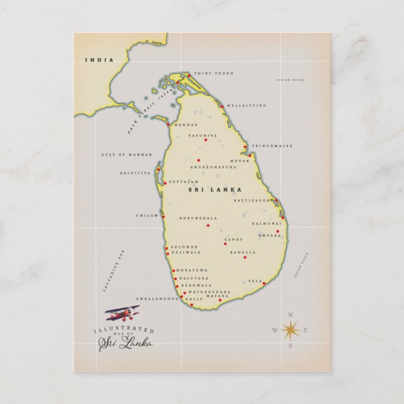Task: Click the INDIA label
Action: (x=100, y=60)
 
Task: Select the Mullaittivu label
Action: (x=247, y=105)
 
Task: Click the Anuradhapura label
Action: (x=213, y=167)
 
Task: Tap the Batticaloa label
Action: (x=252, y=201)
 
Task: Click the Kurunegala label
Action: (x=199, y=218)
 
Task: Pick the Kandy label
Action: (x=233, y=239)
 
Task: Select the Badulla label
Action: (x=243, y=252)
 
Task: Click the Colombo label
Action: (x=184, y=247)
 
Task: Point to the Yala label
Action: (x=255, y=281)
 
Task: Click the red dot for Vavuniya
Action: (x=205, y=140)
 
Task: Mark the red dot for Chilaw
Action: (x=163, y=216)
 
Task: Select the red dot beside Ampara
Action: (x=277, y=231)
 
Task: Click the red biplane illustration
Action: (x=122, y=312)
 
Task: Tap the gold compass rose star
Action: (x=290, y=329)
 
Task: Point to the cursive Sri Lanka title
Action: (x=125, y=343)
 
